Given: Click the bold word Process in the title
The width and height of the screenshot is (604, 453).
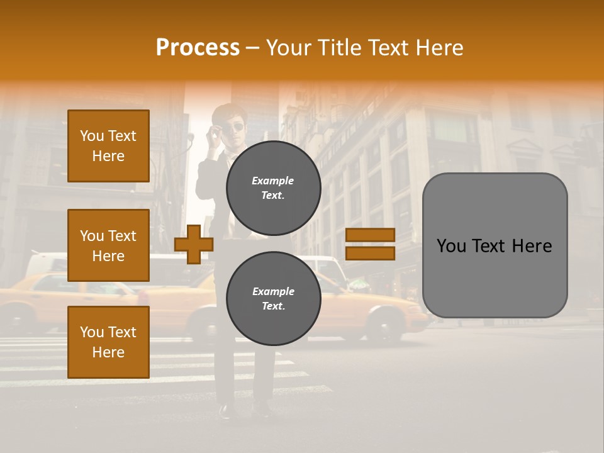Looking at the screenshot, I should (x=198, y=48).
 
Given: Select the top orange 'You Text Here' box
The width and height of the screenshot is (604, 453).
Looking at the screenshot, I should (x=108, y=146).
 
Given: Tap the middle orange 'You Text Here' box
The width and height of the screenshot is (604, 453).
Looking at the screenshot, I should (x=108, y=245).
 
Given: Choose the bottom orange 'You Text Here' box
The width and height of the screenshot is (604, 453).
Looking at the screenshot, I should (x=108, y=342).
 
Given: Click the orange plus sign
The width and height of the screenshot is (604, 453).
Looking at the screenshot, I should (x=194, y=244).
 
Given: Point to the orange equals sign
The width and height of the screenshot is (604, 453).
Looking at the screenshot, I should (x=370, y=244).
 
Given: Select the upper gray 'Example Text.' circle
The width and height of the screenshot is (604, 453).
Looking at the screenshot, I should (x=273, y=188).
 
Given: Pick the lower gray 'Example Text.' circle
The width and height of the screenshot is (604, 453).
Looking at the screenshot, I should (x=273, y=298).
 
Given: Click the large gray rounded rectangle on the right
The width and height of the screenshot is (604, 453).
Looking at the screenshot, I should (x=495, y=245).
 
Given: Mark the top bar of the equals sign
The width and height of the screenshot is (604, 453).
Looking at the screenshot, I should (x=370, y=235).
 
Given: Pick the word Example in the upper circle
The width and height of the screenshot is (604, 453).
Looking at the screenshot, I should (x=273, y=181).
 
